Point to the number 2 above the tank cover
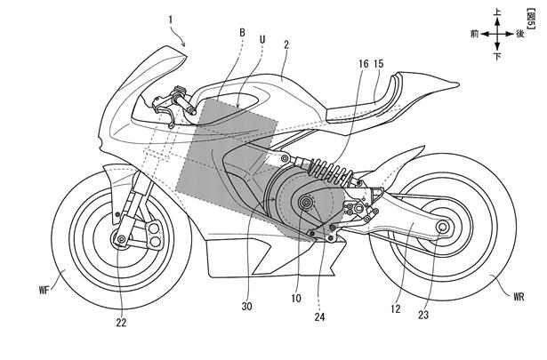(287, 42)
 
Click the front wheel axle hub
(118, 240)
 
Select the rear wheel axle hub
(441, 229)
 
